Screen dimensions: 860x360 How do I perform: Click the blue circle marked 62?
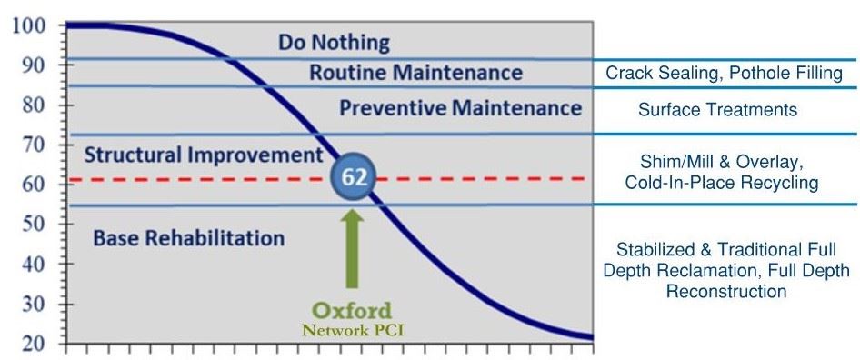pos(354,177)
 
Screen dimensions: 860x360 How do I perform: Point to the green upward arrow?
pos(353,247)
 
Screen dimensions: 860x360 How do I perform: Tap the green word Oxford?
pos(353,311)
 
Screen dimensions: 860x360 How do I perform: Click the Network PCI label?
pos(353,331)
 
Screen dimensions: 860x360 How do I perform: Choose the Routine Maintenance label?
pos(415,73)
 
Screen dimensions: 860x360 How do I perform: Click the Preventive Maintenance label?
pos(460,108)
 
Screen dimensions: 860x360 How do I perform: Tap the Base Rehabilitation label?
pos(189,238)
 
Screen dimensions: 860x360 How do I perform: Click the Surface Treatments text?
pos(717,110)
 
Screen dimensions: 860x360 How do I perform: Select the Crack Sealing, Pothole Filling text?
pos(725,73)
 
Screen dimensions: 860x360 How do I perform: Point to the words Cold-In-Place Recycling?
pos(722,183)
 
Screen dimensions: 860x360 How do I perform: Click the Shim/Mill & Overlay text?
pos(722,162)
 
